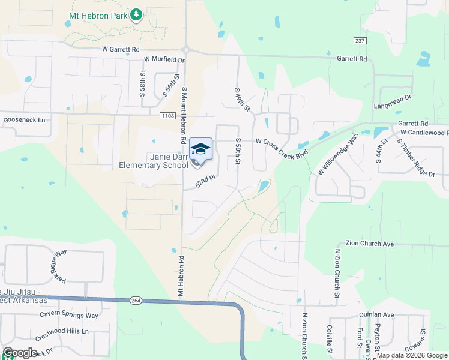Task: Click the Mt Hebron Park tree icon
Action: click(x=136, y=14)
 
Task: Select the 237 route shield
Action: click(x=360, y=40)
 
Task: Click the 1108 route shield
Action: click(x=167, y=115)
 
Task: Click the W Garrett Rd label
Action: click(x=121, y=49)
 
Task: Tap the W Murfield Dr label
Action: click(x=164, y=60)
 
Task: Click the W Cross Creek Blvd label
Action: click(x=281, y=146)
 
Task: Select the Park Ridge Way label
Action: click(x=61, y=265)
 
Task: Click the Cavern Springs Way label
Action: click(x=69, y=315)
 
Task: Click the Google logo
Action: click(x=19, y=353)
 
